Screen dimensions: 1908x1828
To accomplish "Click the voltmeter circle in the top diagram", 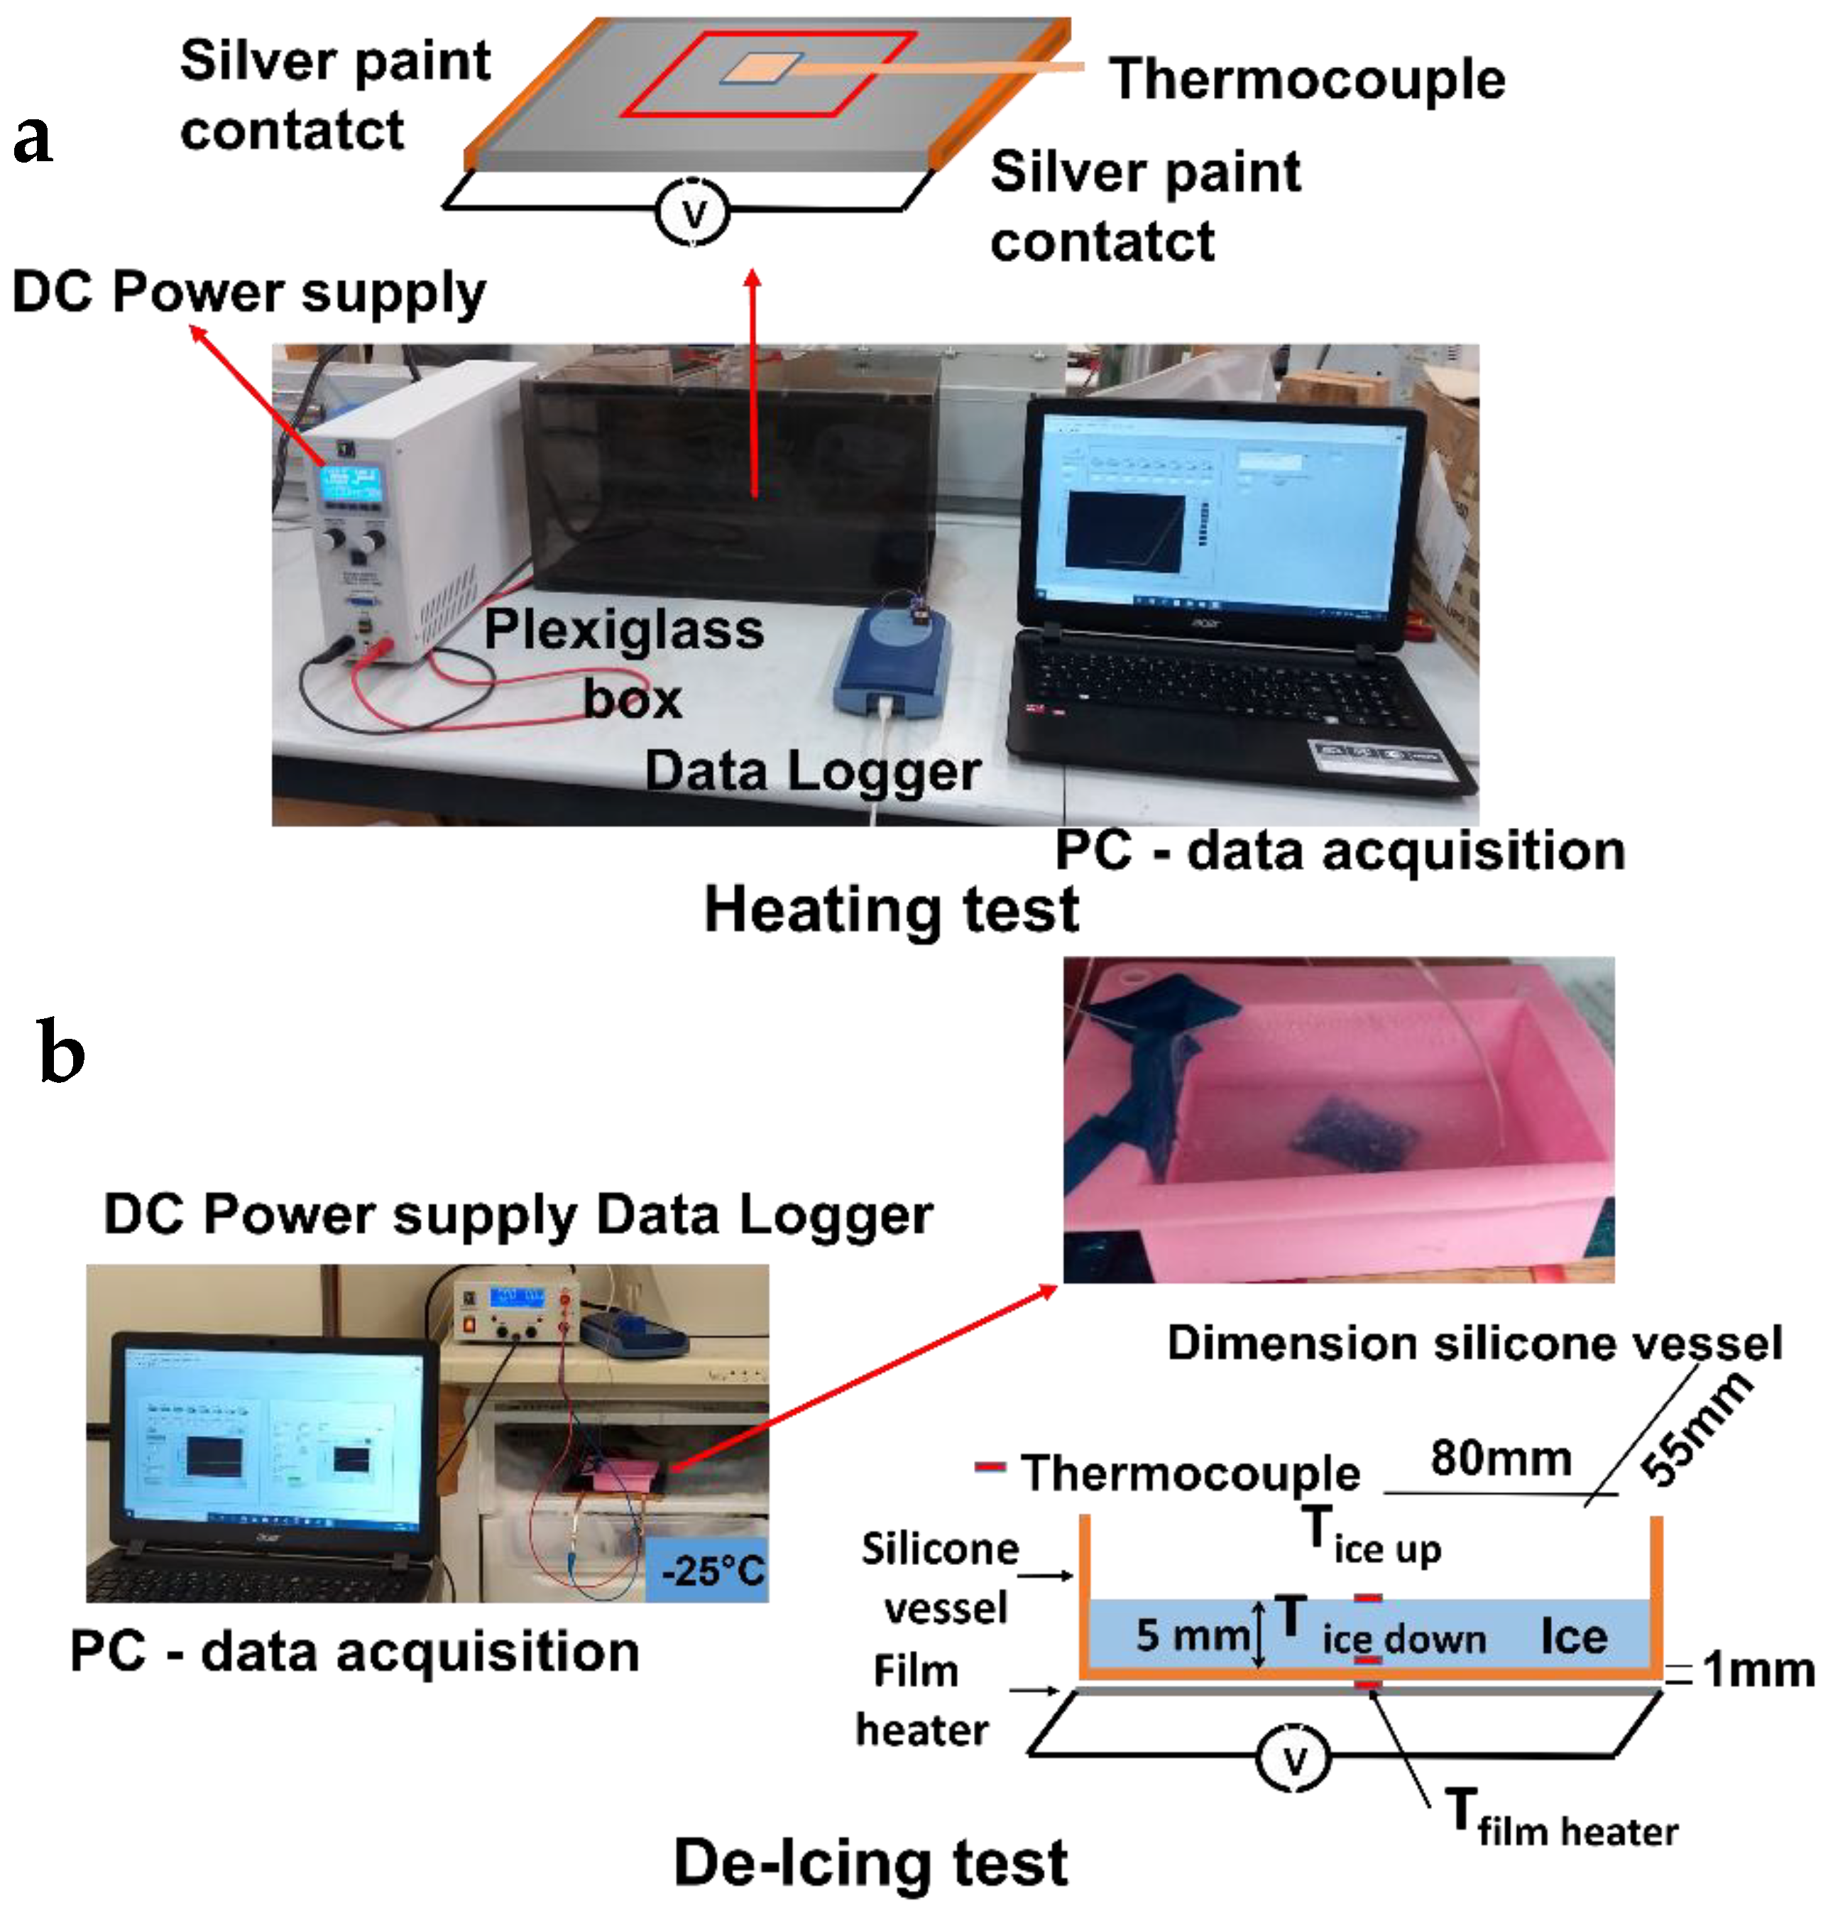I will (692, 212).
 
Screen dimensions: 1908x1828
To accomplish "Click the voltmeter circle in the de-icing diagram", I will (1293, 1758).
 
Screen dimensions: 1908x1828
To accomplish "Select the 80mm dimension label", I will (1500, 1459).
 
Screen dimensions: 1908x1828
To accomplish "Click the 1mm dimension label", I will (1758, 1669).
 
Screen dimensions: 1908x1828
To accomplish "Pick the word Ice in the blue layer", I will (1573, 1637).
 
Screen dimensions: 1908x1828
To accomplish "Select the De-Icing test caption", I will (870, 1863).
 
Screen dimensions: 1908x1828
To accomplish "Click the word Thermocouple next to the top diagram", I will (1306, 79).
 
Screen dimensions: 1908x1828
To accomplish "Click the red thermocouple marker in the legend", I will (989, 1466).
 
